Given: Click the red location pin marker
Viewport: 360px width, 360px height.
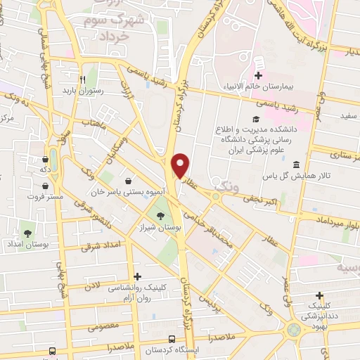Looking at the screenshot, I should click(181, 166).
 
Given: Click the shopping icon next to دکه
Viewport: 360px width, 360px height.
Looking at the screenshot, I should click(45, 159).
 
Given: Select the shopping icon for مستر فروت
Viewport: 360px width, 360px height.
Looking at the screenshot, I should click(45, 186).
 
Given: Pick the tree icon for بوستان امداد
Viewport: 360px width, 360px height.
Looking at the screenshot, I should click(28, 232).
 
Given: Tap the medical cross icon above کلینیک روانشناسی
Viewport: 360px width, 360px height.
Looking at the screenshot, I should click(137, 276).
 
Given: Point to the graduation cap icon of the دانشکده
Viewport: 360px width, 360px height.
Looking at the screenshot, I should click(255, 120).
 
